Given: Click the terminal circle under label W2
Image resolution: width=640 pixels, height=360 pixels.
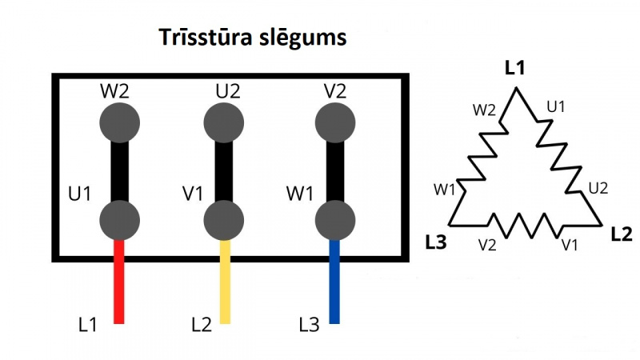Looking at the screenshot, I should [120, 122].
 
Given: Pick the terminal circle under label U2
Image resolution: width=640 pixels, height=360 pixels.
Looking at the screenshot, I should [225, 122].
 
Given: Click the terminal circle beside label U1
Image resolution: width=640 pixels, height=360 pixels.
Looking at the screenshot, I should [120, 218].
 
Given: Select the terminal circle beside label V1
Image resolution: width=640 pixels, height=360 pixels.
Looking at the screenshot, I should [225, 218].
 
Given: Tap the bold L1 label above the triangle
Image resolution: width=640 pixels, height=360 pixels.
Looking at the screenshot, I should [515, 69].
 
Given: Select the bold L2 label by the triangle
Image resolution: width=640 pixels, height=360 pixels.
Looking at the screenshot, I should [621, 235].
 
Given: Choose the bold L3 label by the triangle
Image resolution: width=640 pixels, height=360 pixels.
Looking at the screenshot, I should [437, 241].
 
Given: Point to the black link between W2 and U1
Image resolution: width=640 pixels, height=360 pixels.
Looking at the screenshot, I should [120, 170].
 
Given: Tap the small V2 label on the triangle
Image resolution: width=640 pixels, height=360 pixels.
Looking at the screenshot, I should [486, 243].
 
